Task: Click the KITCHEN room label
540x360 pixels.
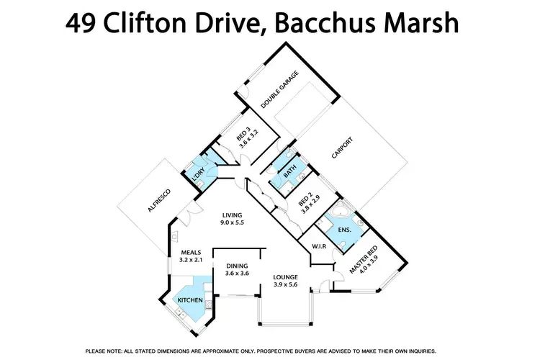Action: click(191, 300)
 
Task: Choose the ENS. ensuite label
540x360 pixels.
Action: click(344, 230)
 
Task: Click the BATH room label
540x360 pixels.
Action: click(289, 173)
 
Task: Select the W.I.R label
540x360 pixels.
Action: click(319, 247)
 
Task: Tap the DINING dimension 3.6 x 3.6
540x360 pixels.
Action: click(237, 273)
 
